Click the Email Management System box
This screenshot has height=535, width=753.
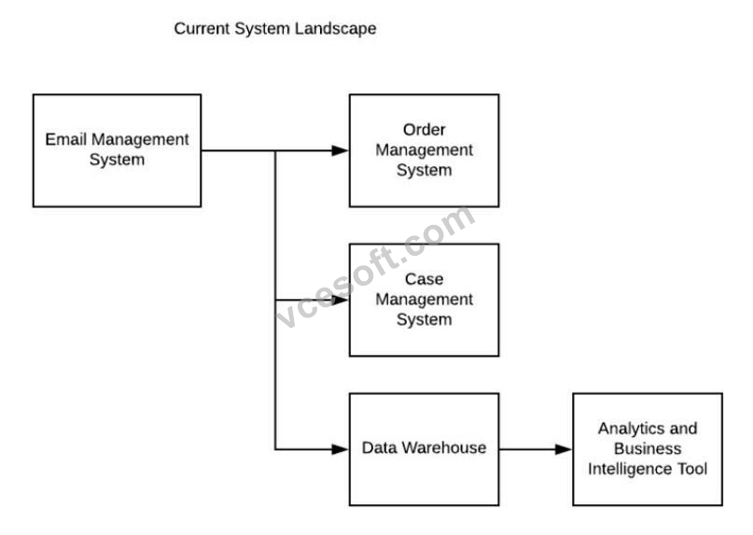[x=117, y=150]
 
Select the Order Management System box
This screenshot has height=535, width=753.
[x=424, y=150]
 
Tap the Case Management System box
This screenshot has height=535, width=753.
[x=424, y=300]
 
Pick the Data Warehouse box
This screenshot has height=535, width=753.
[x=424, y=449]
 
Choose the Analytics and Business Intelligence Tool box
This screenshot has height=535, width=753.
[x=648, y=449]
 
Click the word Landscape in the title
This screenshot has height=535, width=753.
[x=335, y=29]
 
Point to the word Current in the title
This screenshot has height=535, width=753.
[x=202, y=29]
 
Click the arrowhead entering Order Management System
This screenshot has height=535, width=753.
[x=340, y=150]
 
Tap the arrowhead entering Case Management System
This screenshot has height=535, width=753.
[x=340, y=300]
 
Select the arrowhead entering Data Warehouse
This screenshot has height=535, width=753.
[x=340, y=449]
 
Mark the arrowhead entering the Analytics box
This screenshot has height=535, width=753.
[x=564, y=449]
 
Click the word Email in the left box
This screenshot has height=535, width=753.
[x=66, y=139]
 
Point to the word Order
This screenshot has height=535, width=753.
[x=424, y=130]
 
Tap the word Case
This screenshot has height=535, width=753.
[x=424, y=279]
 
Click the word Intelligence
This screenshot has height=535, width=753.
[x=630, y=469]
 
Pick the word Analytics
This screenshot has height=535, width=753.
[x=624, y=429]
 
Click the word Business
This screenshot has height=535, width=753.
[x=648, y=448]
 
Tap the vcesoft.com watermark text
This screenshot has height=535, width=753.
[x=376, y=267]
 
